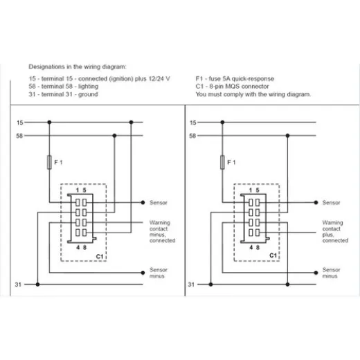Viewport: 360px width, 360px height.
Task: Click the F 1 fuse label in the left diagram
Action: pyautogui.click(x=59, y=162)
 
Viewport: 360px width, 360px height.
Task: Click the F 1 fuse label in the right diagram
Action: pyautogui.click(x=232, y=162)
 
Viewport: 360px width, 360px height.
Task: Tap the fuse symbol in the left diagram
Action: pyautogui.click(x=48, y=162)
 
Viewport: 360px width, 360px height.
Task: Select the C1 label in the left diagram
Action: pyautogui.click(x=100, y=255)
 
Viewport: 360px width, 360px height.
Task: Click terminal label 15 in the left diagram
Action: pyautogui.click(x=19, y=122)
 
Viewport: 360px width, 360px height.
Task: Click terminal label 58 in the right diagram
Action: pyautogui.click(x=192, y=135)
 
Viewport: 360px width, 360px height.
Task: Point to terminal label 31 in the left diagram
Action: pyautogui.click(x=19, y=284)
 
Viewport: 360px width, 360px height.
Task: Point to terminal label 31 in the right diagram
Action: pyautogui.click(x=192, y=284)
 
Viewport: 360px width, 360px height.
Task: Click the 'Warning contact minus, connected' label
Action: pyautogui.click(x=162, y=232)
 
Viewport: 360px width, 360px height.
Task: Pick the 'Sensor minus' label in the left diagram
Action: pyautogui.click(x=158, y=273)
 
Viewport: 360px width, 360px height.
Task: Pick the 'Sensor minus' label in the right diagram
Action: pyautogui.click(x=331, y=273)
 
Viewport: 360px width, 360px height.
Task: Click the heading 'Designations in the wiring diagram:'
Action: pyautogui.click(x=78, y=66)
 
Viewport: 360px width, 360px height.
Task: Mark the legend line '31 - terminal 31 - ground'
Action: pyautogui.click(x=63, y=94)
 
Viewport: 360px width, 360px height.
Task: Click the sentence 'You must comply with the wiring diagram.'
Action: pyautogui.click(x=253, y=94)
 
